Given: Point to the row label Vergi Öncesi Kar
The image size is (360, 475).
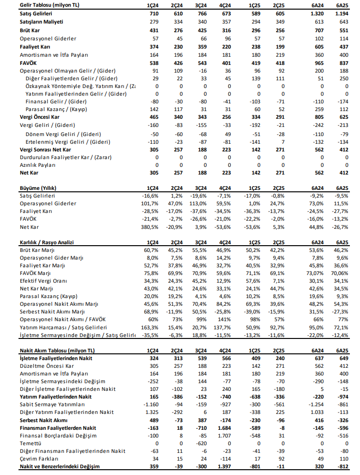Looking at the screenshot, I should coord(39,117).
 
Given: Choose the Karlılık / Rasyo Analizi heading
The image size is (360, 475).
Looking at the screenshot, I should coord(47,243).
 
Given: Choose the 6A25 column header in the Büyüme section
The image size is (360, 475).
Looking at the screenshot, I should coord(342,188).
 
